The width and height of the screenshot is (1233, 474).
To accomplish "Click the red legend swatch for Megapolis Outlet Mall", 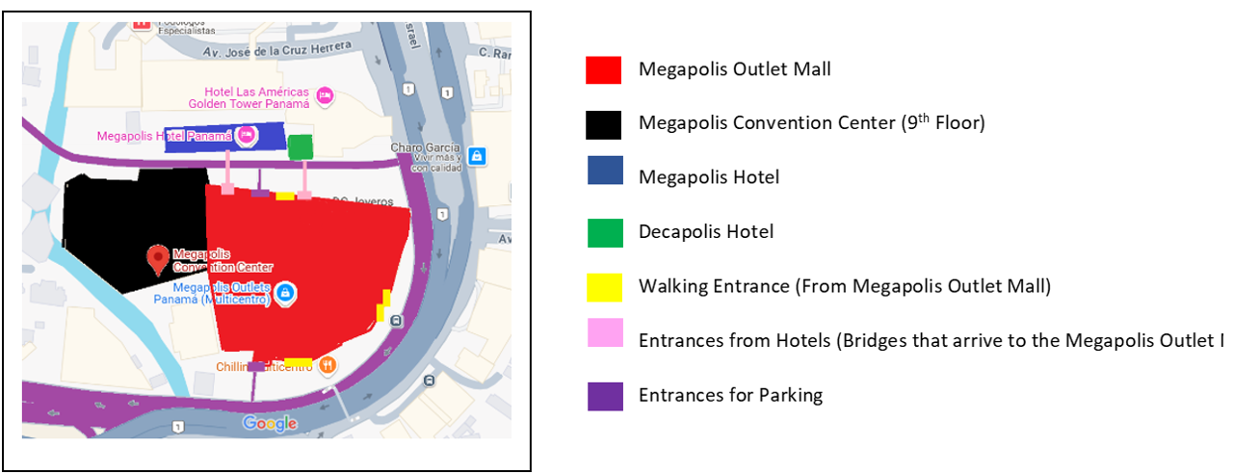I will [x=604, y=70].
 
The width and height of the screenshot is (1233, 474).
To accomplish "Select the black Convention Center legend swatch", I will [x=604, y=124].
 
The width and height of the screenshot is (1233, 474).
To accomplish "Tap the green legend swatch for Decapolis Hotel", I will [x=605, y=233].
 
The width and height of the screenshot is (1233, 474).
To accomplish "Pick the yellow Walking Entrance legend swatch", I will [x=605, y=287].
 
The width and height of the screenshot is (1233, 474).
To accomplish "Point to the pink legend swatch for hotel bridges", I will [x=605, y=333].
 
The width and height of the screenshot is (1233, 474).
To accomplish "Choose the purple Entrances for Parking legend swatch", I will [x=605, y=396].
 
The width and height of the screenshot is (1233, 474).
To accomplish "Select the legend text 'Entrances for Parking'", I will [x=730, y=395].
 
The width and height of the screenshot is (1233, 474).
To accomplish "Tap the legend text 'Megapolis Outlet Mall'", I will [x=734, y=69].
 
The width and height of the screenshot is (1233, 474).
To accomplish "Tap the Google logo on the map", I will [x=270, y=424].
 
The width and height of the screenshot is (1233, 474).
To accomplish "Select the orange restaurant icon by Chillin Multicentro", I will [x=328, y=365].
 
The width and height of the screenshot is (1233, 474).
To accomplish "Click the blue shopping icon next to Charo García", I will [x=476, y=155].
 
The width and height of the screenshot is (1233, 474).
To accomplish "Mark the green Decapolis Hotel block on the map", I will [x=301, y=146].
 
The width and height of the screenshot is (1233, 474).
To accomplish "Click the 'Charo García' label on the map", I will [x=421, y=148].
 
